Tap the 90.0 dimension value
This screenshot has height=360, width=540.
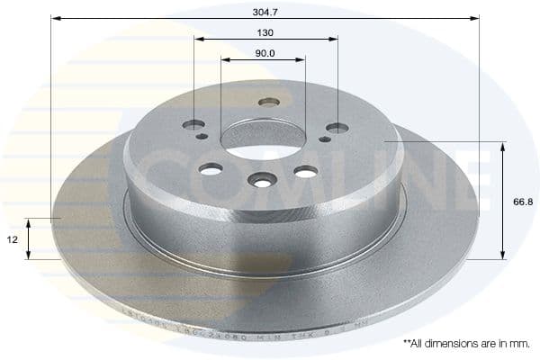pos(264,52)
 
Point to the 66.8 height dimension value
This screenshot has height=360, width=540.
pos(522,202)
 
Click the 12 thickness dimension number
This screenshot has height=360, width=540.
pos(11,239)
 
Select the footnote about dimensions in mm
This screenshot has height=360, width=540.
pos(466,344)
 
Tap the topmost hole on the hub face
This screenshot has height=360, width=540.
pos(268,102)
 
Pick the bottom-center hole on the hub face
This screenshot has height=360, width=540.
pos(261,181)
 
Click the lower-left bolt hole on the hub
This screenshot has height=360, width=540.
pos(211,168)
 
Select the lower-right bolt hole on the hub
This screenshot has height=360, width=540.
pos(306,171)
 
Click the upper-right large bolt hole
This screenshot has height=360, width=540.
pos(337,129)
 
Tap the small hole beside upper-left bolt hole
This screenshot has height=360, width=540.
pos(202,137)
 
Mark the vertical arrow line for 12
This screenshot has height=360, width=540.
pos(30,238)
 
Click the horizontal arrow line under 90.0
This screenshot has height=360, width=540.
pos(264,60)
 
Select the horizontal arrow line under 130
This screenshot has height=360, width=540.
pos(265,39)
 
